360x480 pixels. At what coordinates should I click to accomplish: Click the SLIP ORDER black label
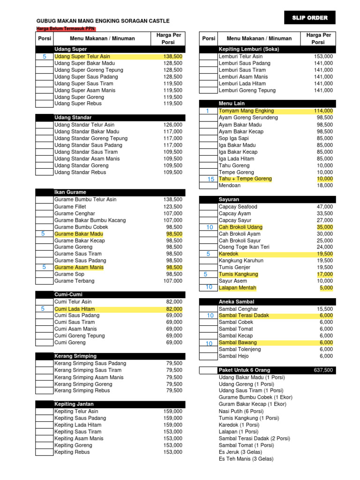point(310,18)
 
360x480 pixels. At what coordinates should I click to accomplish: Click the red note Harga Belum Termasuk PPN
point(66,29)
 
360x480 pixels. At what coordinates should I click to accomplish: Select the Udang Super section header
point(71,49)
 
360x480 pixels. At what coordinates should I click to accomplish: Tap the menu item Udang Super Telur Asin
point(82,56)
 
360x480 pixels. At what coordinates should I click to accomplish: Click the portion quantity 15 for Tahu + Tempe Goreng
point(210,179)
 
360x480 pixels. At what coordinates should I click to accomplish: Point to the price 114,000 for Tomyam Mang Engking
point(323,111)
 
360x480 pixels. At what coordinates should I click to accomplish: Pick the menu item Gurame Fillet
point(70,207)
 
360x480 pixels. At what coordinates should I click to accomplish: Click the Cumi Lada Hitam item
point(75,309)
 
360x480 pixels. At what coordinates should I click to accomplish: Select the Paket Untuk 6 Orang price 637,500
point(323,370)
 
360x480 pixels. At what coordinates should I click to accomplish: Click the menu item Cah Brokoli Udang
point(240,227)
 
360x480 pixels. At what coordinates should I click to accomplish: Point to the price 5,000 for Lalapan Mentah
point(326,288)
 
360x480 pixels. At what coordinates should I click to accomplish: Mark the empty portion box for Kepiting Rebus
point(45,452)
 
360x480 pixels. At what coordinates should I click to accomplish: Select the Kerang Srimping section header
point(75,356)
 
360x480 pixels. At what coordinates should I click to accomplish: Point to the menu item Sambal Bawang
point(238,343)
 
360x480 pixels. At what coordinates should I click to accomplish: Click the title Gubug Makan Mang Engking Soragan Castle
point(103,21)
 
